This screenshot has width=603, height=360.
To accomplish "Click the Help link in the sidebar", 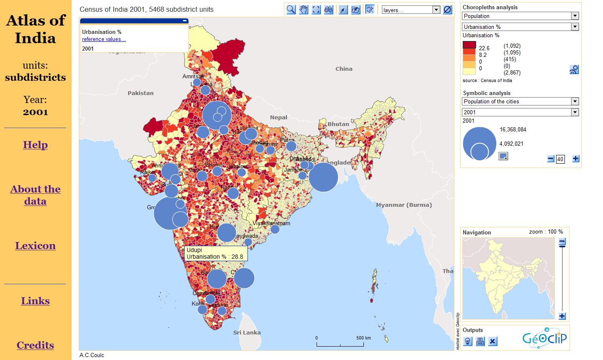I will coord(35,145).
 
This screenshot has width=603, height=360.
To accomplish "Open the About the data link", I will coord(35,195).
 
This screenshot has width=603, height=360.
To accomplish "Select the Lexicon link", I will coord(35,246).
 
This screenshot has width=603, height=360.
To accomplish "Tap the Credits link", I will coord(35,345).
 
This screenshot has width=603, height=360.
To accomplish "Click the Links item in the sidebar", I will coord(35,301).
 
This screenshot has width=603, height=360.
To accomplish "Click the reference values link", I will coord(104,39).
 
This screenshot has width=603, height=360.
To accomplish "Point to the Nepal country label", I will coord(278,118).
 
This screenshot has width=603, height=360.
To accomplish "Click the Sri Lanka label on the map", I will coord(247,333).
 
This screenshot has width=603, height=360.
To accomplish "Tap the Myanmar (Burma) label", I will coord(404,205).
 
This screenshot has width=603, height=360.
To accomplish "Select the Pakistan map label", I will coord(141,93).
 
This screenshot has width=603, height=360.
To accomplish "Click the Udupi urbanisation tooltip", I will coord(215,253).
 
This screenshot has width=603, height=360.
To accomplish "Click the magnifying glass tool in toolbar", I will coord(291,10).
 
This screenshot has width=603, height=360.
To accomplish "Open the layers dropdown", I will coord(411,10).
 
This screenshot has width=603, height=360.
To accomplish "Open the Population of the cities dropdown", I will coord(521,101).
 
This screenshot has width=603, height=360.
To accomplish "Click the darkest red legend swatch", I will coord(469,45).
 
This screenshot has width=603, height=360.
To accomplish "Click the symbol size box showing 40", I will coord(560,159).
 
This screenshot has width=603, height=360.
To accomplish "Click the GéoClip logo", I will coord(544,338).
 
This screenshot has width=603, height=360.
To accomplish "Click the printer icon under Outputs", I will coord(480,342).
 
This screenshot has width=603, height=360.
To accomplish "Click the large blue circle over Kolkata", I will coord(323,177).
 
